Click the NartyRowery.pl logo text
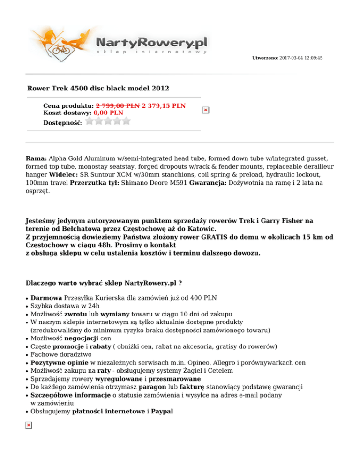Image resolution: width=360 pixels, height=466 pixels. pos(151,43)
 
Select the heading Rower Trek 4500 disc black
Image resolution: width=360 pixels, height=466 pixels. pos(98,88)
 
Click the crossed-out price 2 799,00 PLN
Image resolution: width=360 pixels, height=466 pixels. pos(117,106)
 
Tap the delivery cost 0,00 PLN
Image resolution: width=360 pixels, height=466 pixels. pos(108,113)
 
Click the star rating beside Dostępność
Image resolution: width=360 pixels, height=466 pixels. pos(108,121)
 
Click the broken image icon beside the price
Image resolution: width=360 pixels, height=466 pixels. pos(205,110)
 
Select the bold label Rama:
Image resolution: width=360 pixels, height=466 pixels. pos(36,159)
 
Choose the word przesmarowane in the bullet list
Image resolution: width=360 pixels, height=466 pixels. pos(175,379)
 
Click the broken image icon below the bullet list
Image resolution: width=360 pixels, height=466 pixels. pos(29,425)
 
